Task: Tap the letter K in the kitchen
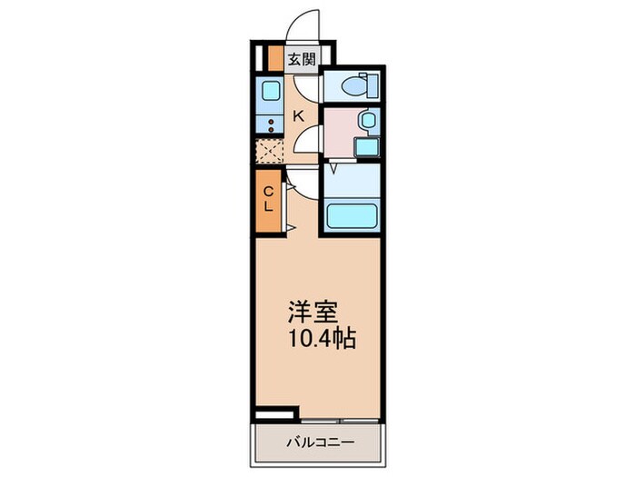click(x=297, y=115)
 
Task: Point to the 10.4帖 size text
click(x=319, y=340)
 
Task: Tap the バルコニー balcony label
click(x=316, y=442)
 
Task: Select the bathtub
click(x=349, y=217)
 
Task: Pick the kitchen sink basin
click(x=270, y=90)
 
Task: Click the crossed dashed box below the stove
click(x=270, y=150)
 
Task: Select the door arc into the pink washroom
click(x=309, y=141)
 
